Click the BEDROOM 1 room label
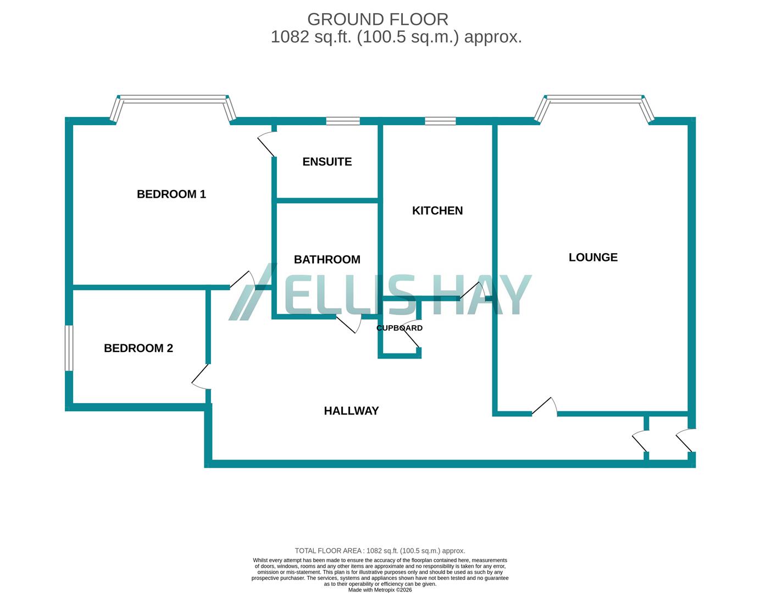[x=171, y=194]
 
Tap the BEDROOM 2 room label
[x=138, y=348]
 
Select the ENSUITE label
[x=327, y=161]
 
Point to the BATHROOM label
[x=327, y=260]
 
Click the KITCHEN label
[x=437, y=211]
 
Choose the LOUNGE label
[x=593, y=258]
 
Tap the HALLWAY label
[x=351, y=411]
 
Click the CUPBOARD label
[x=400, y=328]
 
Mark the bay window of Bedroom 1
[x=173, y=100]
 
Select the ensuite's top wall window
[x=343, y=121]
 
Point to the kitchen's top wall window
[x=440, y=121]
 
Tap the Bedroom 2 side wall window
[x=69, y=348]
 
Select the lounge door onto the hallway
[x=545, y=406]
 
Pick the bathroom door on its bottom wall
[x=348, y=324]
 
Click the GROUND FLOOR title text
[x=378, y=19]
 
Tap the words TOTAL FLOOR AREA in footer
[x=328, y=551]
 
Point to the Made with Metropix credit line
[x=380, y=590]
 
